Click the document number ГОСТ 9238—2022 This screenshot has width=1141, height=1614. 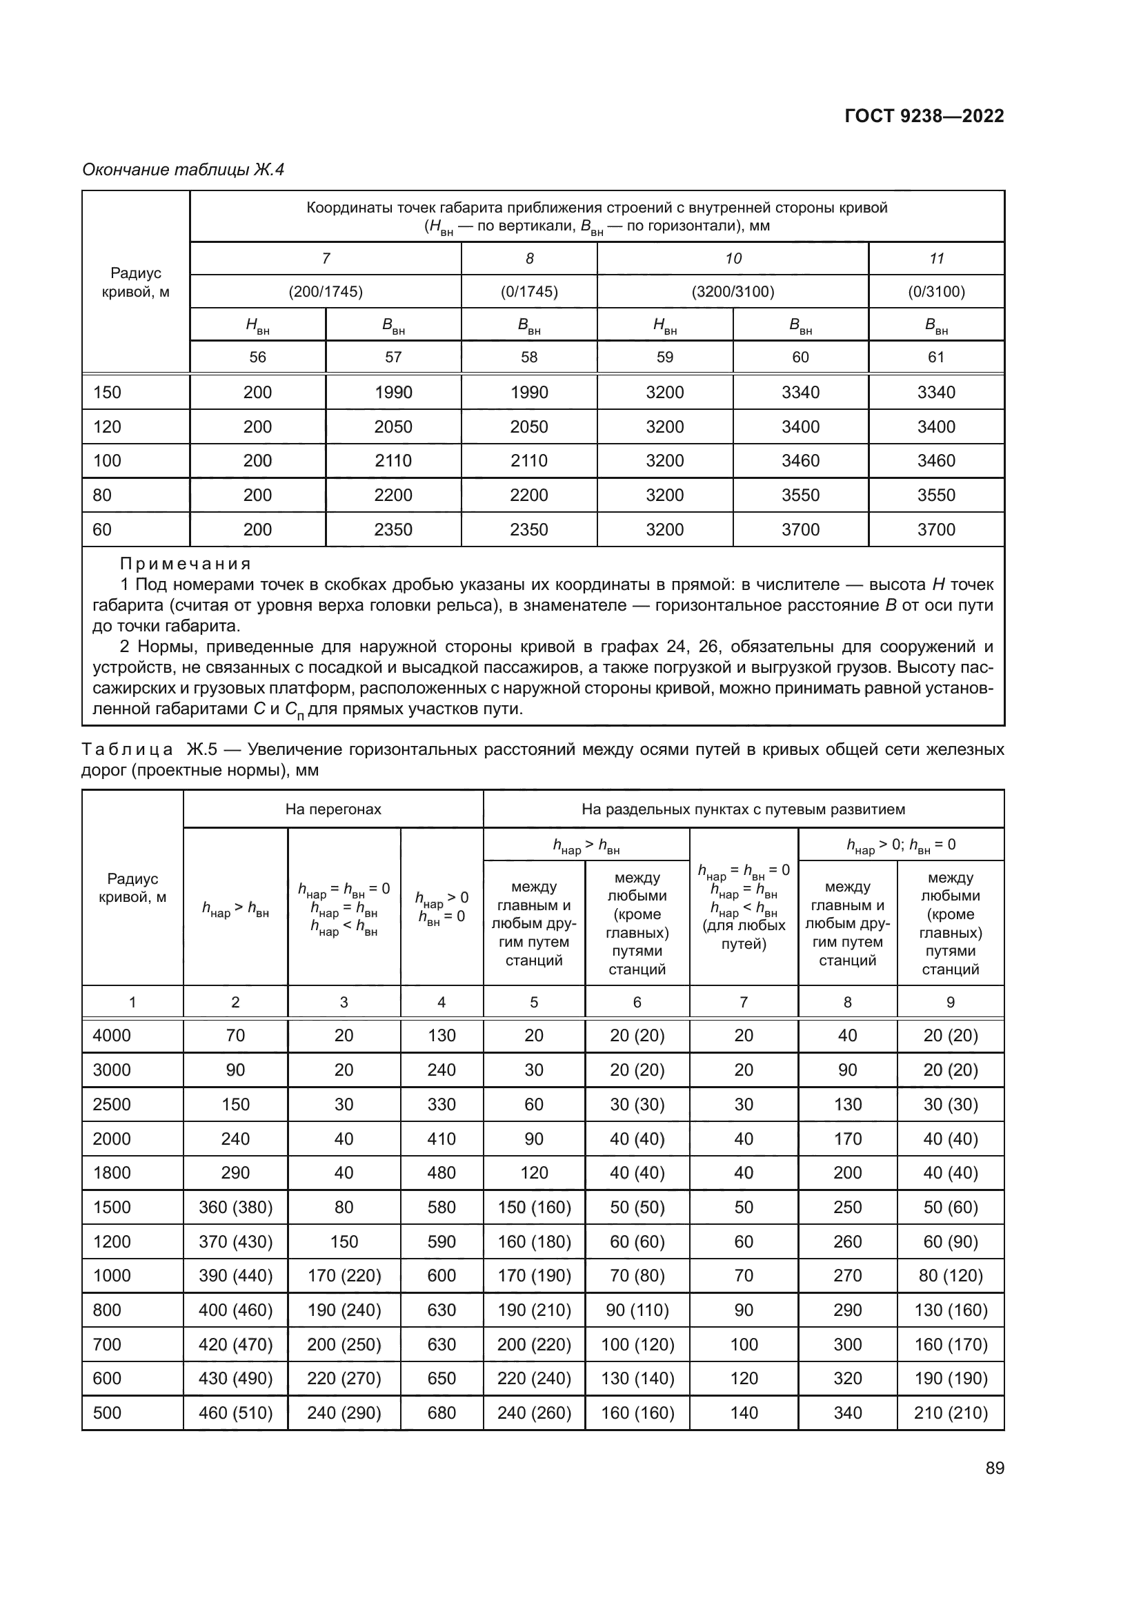tap(923, 116)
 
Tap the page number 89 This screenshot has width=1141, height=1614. tap(994, 1468)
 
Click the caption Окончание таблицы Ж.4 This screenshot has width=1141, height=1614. tap(183, 170)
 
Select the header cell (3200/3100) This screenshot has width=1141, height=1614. tap(732, 292)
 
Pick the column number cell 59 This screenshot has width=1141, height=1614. tap(664, 357)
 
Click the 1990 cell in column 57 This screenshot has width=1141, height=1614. tap(393, 392)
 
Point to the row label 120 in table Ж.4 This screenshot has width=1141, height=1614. tap(108, 426)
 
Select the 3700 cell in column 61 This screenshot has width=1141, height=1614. tap(936, 529)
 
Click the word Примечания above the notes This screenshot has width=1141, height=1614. tap(185, 564)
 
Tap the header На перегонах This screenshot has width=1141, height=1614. tap(333, 809)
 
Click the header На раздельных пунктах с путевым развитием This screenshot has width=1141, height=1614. tap(743, 809)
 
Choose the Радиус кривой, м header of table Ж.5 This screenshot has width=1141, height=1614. tap(132, 888)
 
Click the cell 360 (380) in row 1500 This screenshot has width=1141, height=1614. tap(235, 1207)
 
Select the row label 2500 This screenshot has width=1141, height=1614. tap(112, 1104)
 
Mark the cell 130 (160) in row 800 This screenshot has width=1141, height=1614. tap(950, 1310)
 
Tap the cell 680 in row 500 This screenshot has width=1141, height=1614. tap(441, 1413)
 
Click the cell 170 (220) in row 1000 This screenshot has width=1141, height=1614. tap(344, 1275)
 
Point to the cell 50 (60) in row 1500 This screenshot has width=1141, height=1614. tap(950, 1207)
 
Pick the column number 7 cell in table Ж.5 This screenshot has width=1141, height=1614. tap(744, 1002)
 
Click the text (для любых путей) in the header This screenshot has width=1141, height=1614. tap(744, 934)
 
